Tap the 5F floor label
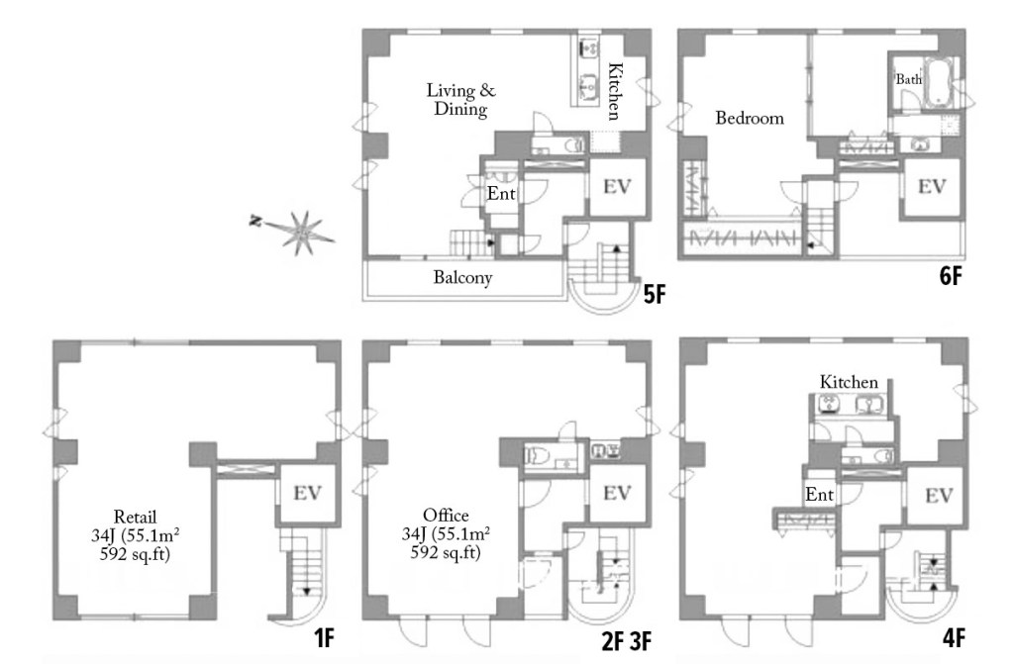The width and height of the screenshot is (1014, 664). pos(654,295)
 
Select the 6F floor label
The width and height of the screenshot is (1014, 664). pos(951,276)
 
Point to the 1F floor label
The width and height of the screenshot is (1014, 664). pos(324,639)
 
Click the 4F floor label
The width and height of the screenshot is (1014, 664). pos(954,639)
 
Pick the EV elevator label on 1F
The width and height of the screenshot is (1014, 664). pos(307,493)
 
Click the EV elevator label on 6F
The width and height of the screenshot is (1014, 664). pos(932,186)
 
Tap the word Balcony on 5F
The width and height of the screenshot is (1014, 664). pos(463,277)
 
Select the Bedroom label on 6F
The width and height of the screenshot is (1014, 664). pos(750,118)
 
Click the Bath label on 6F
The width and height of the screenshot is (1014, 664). pos(909,79)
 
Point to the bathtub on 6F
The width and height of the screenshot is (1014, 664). pos(935,82)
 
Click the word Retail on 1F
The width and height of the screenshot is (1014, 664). pos(135,517)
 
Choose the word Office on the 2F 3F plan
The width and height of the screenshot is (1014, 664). pos(446,516)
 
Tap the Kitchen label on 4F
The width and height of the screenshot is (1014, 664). pos(849,382)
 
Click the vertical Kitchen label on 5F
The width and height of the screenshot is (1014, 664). pos(614,91)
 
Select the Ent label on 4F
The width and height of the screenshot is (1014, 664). pos(819,495)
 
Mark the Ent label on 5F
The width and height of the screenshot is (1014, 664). pos(501,193)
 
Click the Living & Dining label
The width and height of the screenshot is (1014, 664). pos(461,99)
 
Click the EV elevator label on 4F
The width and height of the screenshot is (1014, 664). pos(939,495)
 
